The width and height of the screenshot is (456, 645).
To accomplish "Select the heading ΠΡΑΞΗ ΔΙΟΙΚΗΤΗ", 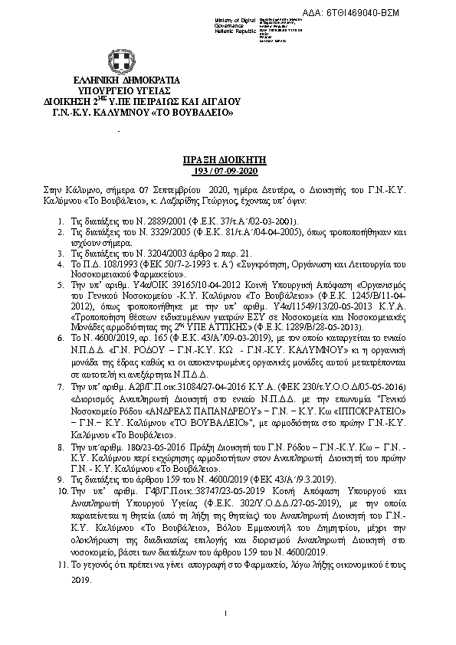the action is click(x=228, y=154).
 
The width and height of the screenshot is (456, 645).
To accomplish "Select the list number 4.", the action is click(x=61, y=264).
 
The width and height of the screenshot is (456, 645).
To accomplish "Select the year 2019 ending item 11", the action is click(x=80, y=580).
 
